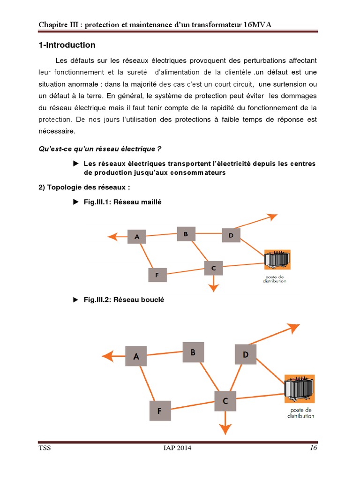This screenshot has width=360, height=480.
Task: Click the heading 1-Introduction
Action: click(x=67, y=45)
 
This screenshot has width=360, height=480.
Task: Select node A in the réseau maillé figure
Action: click(x=137, y=237)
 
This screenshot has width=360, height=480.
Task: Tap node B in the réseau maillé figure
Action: click(x=186, y=234)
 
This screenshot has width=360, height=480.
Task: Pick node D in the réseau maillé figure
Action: click(x=231, y=235)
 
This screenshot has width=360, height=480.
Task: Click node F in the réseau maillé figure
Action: click(x=157, y=275)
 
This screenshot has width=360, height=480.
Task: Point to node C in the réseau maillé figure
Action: click(x=213, y=268)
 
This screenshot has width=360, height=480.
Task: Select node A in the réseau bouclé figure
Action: click(x=136, y=356)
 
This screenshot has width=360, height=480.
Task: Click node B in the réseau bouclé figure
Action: click(x=193, y=352)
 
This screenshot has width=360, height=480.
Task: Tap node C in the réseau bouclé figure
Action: click(x=225, y=401)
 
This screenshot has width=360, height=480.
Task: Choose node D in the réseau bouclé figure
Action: click(x=246, y=355)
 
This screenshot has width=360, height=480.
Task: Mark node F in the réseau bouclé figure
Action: click(x=159, y=411)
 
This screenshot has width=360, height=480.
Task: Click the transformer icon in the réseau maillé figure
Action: click(x=277, y=259)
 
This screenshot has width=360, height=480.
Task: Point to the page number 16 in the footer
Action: click(x=313, y=448)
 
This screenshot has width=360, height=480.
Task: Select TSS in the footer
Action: click(x=45, y=448)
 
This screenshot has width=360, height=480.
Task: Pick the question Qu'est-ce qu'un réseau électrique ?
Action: click(x=99, y=149)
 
